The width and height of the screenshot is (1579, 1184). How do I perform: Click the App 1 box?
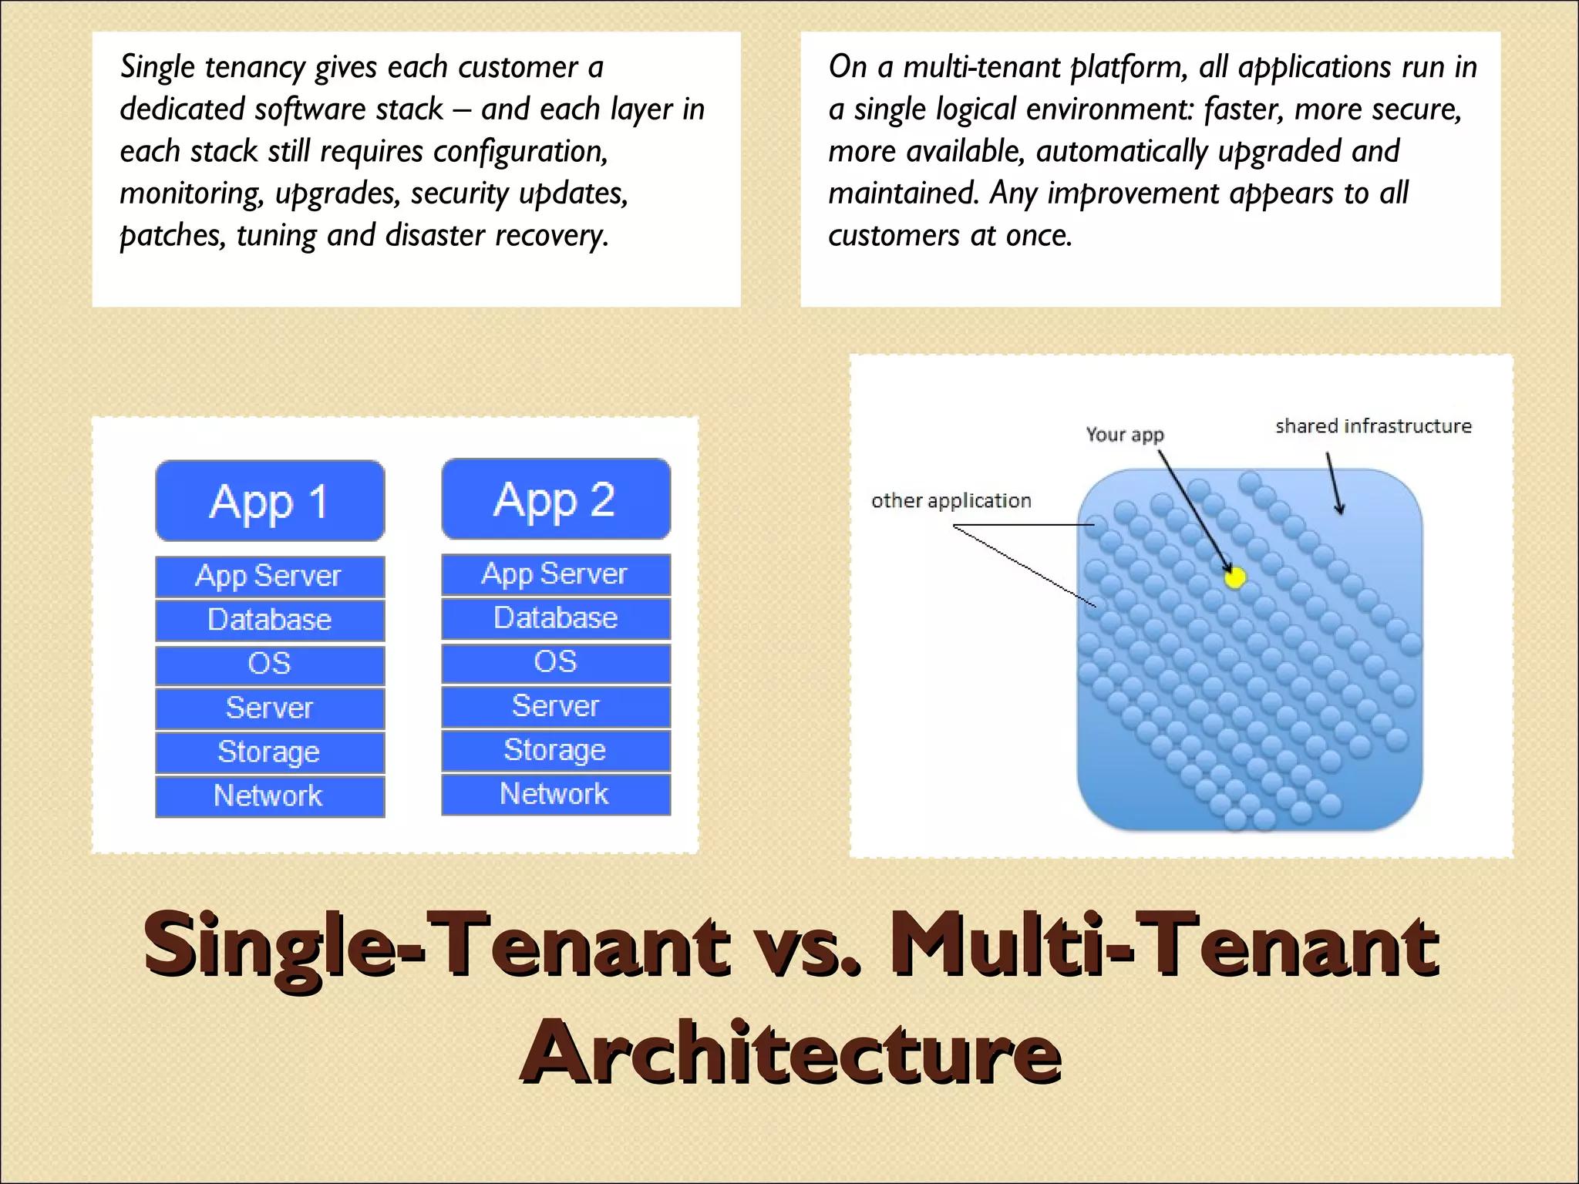point(270,501)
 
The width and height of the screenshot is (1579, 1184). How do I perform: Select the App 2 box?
point(556,499)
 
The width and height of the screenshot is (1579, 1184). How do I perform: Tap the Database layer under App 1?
point(270,621)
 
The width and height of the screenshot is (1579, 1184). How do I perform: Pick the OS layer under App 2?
point(556,662)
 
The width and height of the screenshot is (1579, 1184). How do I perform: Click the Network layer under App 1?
point(270,796)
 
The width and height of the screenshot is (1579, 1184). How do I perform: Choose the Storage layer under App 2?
point(556,750)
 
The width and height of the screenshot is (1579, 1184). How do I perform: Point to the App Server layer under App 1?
point(270,577)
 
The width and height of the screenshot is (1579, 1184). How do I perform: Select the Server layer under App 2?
point(556,706)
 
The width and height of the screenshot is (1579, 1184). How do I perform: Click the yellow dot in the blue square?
point(1235,577)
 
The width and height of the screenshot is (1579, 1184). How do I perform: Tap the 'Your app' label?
point(1125,435)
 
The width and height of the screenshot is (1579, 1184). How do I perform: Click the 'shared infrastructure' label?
point(1373,426)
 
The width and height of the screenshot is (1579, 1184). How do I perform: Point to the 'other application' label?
point(951,501)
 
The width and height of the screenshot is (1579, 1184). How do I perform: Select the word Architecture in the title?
point(791,1052)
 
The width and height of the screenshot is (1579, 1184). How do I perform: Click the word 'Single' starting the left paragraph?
point(157,68)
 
